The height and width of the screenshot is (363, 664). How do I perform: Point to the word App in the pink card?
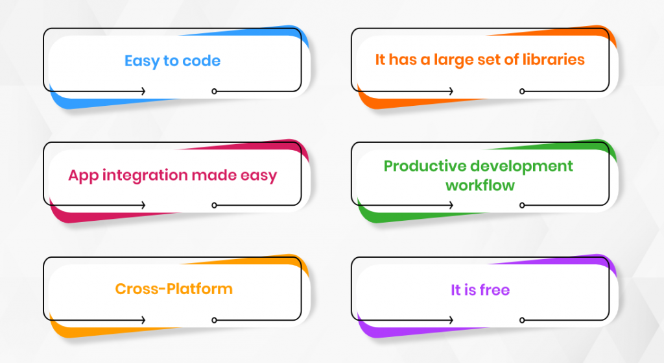tap(83, 175)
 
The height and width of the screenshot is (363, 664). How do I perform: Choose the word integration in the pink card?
tap(145, 175)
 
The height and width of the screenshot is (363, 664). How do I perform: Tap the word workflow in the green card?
tap(480, 185)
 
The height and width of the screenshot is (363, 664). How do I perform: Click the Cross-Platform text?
tap(174, 289)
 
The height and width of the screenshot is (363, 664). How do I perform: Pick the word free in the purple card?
tap(495, 290)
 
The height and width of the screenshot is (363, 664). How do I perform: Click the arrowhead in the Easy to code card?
tap(143, 91)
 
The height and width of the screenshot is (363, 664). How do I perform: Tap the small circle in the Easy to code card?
tap(214, 91)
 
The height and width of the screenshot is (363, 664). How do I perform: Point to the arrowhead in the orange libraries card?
tap(451, 91)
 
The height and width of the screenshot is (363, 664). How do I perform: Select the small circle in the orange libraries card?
tap(522, 91)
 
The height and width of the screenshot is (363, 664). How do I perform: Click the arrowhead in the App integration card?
tap(143, 205)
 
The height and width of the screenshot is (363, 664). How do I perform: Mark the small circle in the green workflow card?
tap(522, 205)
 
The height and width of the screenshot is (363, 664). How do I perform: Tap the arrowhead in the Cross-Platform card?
tap(143, 320)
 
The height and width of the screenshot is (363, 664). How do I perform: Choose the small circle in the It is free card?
tap(522, 320)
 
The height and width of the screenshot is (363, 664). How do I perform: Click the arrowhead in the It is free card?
tap(451, 320)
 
